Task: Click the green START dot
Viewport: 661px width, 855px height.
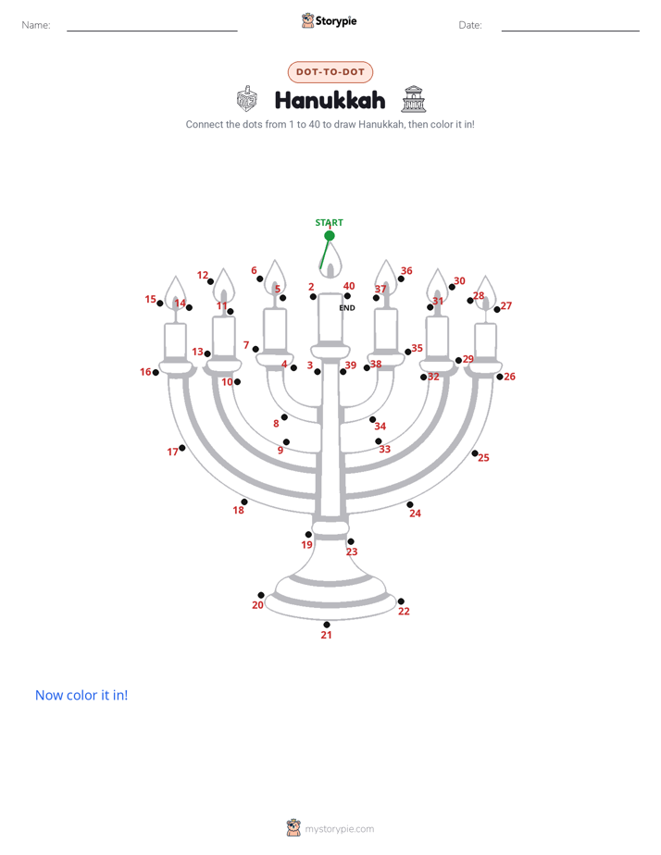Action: [330, 236]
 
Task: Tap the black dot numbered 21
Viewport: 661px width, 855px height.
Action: [327, 625]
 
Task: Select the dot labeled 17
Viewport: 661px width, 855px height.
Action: [182, 448]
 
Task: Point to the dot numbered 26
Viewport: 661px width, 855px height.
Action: [500, 377]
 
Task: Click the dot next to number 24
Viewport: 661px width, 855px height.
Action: [409, 504]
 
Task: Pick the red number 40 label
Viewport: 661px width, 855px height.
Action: [349, 286]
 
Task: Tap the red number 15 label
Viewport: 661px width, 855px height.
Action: [151, 299]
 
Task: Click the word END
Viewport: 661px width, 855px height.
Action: [347, 307]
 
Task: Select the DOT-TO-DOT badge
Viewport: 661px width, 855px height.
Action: [330, 72]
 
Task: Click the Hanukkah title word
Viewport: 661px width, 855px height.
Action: [330, 100]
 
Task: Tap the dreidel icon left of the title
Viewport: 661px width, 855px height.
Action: [246, 99]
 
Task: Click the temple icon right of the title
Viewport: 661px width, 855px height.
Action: [414, 99]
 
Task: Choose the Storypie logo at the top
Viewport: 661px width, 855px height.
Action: [330, 20]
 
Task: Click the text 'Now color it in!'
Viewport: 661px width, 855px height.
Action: [81, 695]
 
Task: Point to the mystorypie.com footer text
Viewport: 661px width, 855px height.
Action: [339, 829]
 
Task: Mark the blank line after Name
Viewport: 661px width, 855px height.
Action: [152, 31]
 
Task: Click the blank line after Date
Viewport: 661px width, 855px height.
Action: [570, 31]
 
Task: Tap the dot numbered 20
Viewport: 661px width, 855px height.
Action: [261, 595]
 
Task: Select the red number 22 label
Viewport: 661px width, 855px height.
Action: [404, 612]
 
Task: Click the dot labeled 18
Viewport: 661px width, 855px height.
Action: [244, 502]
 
